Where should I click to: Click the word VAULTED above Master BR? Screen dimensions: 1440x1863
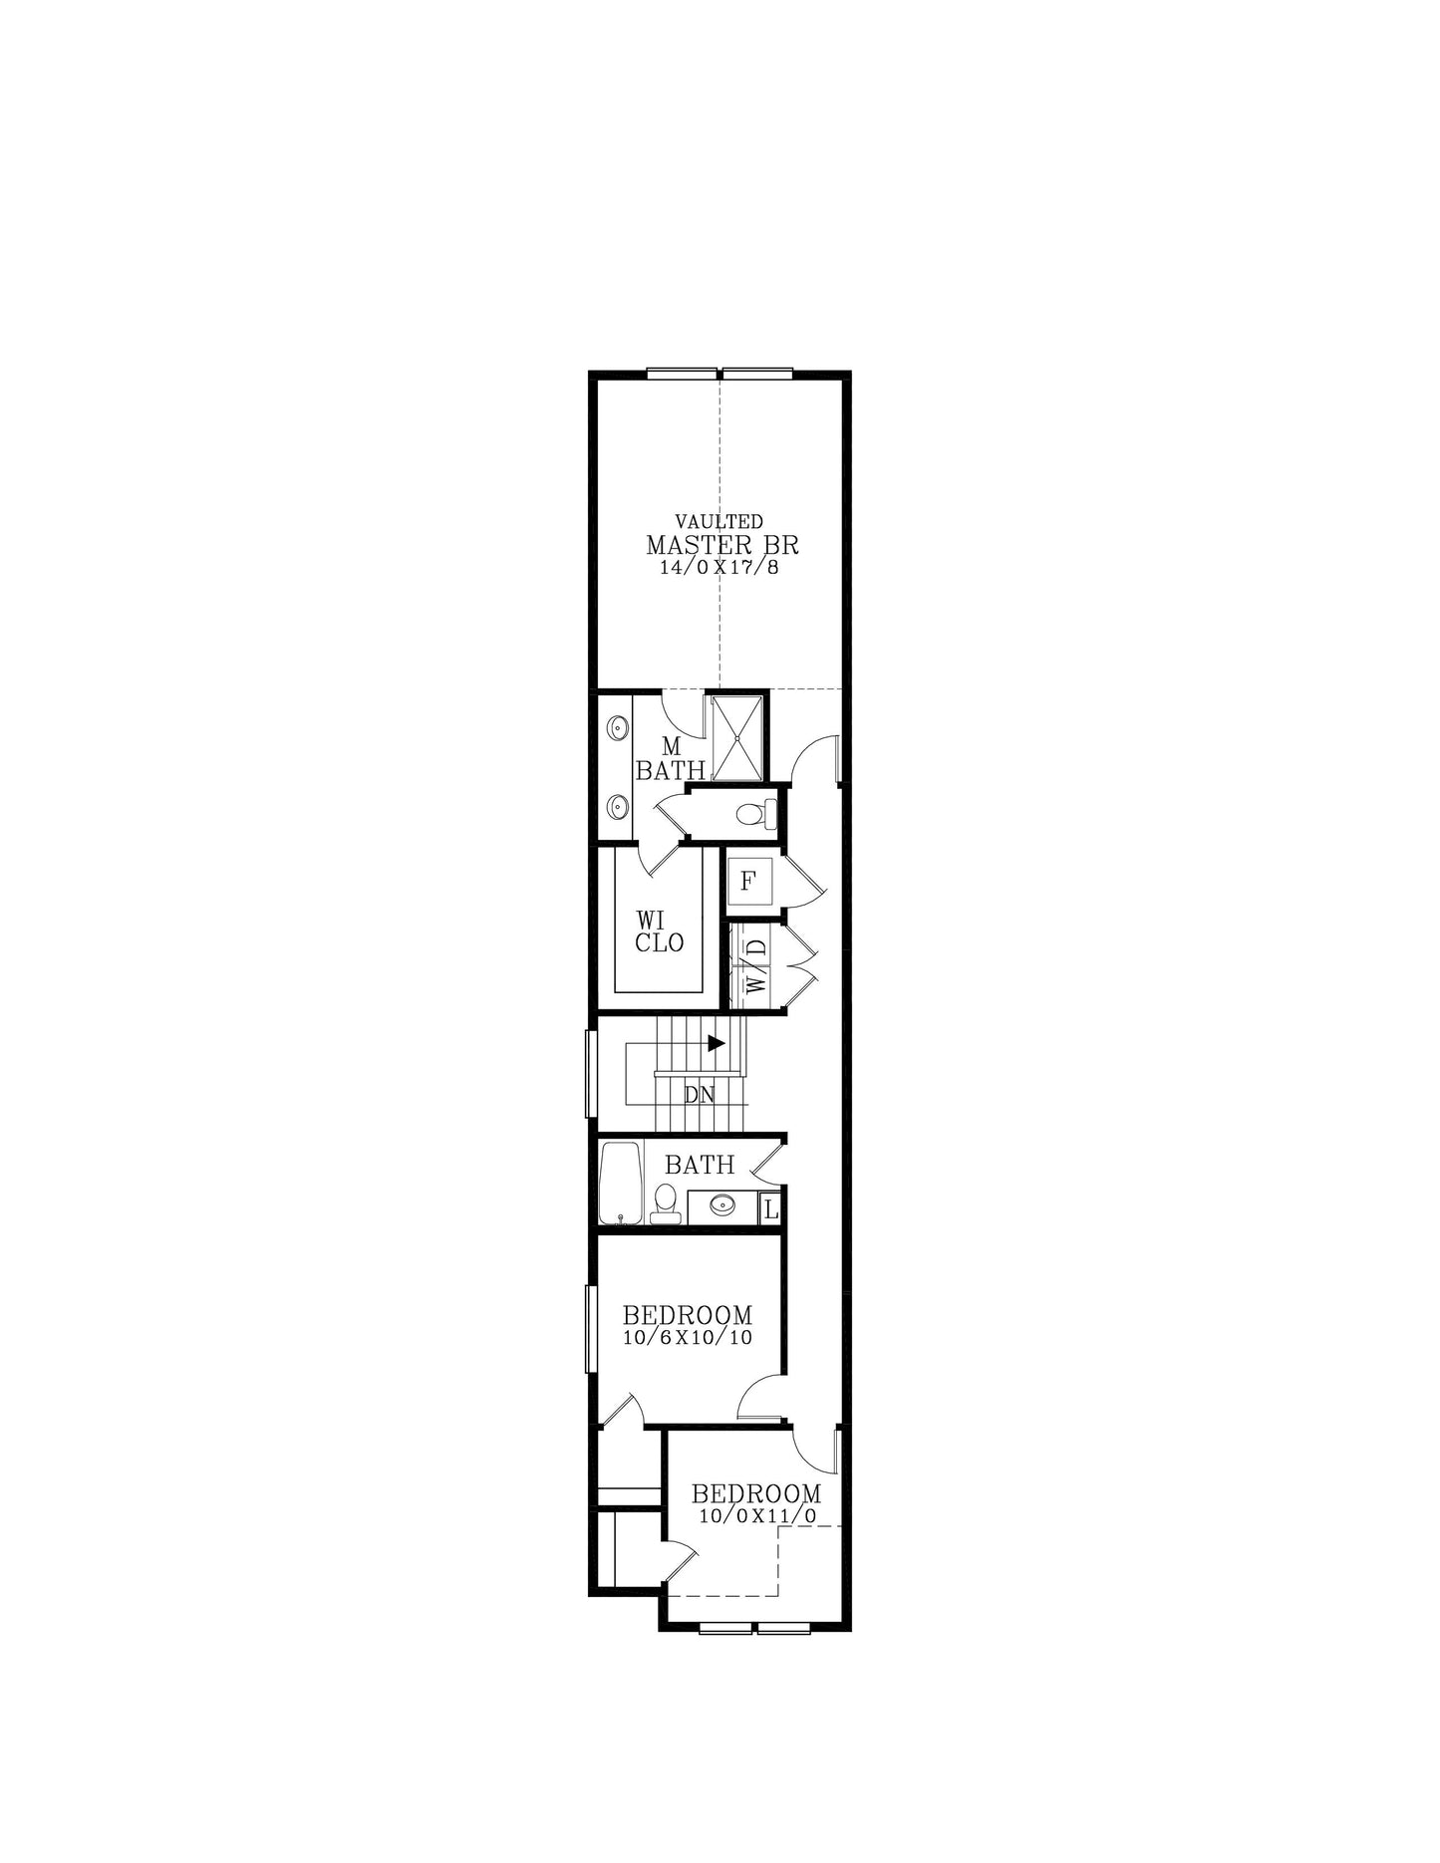pos(720,521)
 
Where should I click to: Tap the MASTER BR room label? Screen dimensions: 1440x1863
pos(721,546)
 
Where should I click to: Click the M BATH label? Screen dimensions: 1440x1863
pos(671,758)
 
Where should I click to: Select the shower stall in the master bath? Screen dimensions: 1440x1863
pos(736,737)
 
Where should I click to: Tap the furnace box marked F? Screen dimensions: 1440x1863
pos(749,882)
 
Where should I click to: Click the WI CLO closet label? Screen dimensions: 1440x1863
pos(660,931)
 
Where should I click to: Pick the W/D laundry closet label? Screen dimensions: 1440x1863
pos(756,965)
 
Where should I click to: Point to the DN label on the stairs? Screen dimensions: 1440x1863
pos(700,1095)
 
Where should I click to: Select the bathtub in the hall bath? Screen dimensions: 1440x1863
pos(621,1182)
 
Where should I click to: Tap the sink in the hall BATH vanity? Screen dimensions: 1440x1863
pos(721,1205)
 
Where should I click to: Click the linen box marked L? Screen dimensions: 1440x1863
pos(769,1209)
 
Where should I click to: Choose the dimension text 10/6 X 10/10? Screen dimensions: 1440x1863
pos(688,1338)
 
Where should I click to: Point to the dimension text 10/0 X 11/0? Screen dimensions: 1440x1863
pos(757,1516)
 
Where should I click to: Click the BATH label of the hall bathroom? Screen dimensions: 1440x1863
pos(700,1165)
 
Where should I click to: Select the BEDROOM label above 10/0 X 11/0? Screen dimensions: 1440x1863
pos(756,1494)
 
